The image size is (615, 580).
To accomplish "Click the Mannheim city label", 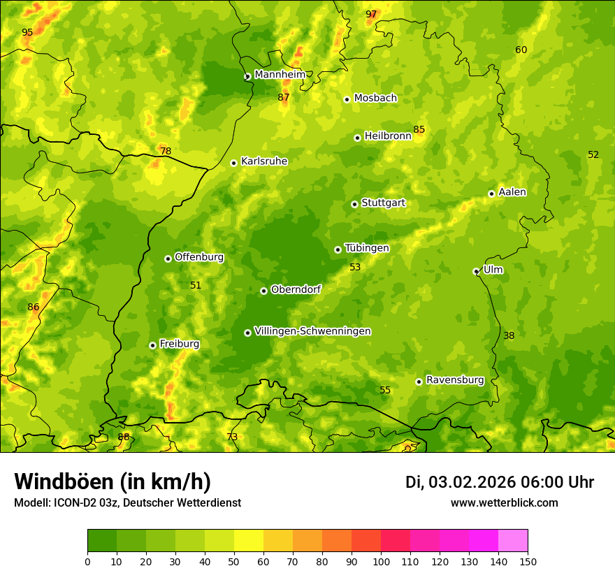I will pyautogui.click(x=280, y=75).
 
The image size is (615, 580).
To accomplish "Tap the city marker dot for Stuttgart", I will pyautogui.click(x=354, y=204).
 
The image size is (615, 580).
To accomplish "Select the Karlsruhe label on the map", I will pyautogui.click(x=263, y=161).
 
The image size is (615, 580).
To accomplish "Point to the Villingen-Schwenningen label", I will pyautogui.click(x=312, y=331).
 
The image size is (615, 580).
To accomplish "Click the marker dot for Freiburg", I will pyautogui.click(x=152, y=345).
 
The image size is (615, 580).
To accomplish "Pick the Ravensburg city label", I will pyautogui.click(x=454, y=380).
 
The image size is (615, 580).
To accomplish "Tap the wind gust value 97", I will pyautogui.click(x=371, y=15).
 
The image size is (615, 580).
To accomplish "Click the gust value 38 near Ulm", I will pyautogui.click(x=509, y=336).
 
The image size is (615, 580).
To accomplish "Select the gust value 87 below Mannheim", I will pyautogui.click(x=283, y=98).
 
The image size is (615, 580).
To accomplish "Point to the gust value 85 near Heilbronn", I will pyautogui.click(x=419, y=130).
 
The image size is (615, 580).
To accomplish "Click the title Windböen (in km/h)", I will pyautogui.click(x=113, y=481).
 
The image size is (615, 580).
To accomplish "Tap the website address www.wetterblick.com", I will pyautogui.click(x=504, y=503).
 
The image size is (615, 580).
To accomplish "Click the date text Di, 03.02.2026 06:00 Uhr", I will pyautogui.click(x=499, y=482).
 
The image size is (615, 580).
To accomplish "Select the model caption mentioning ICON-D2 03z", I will pyautogui.click(x=127, y=503).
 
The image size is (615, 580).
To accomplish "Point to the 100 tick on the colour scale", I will pyautogui.click(x=381, y=561).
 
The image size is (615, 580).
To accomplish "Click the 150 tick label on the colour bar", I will pyautogui.click(x=528, y=561).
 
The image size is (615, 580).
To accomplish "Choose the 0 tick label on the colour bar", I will pyautogui.click(x=87, y=561).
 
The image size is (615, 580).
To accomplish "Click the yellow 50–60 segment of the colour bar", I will pyautogui.click(x=249, y=541).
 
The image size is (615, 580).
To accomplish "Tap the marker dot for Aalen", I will pyautogui.click(x=491, y=194).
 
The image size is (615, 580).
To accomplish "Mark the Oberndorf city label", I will pyautogui.click(x=296, y=289).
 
